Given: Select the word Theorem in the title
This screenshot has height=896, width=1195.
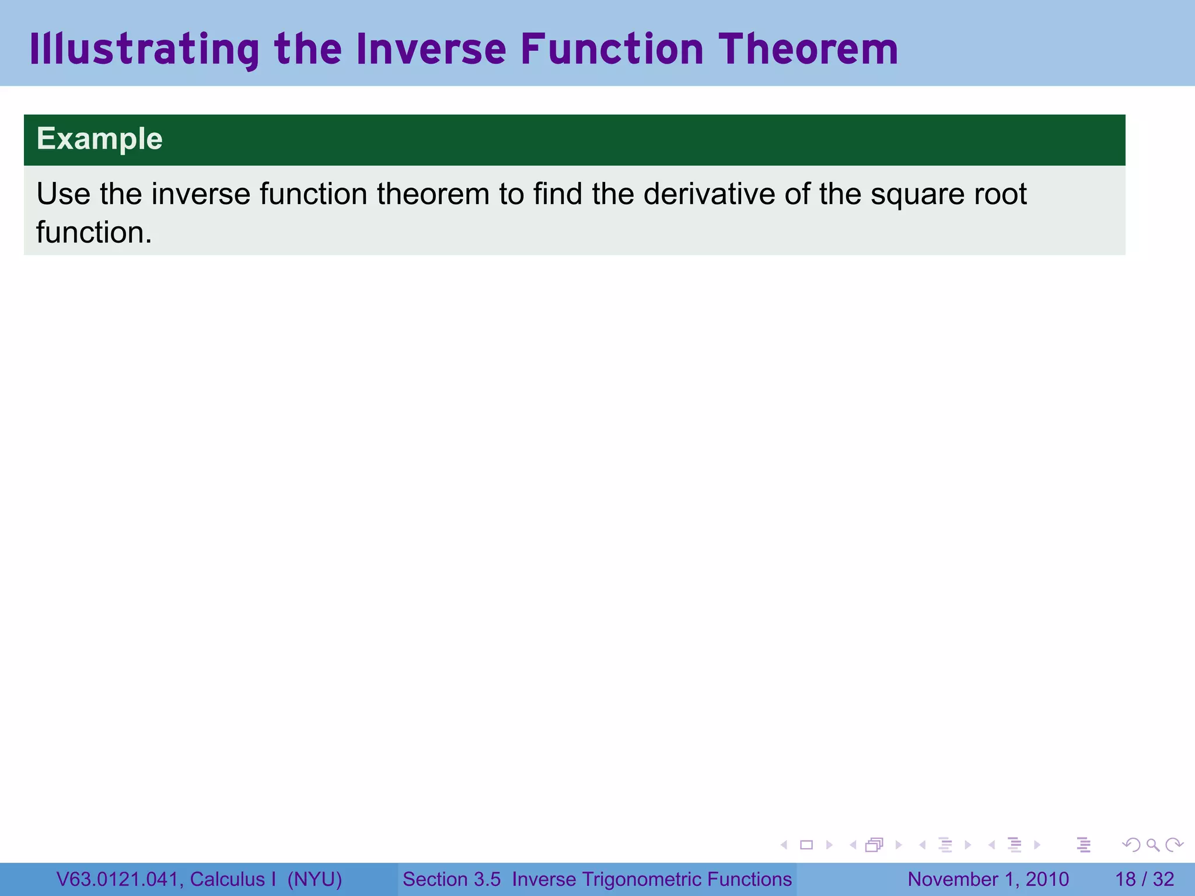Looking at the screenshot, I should coord(808,50).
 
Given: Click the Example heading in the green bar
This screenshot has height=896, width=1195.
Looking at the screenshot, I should coord(99,139).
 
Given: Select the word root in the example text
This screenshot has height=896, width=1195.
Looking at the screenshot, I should coord(1000,194).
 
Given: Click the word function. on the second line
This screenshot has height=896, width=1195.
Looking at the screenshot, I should coord(94,233).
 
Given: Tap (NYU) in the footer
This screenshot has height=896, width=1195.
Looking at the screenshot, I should coord(315,880).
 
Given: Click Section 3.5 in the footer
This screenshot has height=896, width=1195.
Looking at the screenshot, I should coord(452,880).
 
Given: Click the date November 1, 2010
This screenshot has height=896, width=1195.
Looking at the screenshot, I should coord(988,880).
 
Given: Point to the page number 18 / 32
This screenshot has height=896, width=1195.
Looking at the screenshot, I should coord(1144,880).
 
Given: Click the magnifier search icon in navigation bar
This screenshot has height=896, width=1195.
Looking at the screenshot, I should coord(1152,845).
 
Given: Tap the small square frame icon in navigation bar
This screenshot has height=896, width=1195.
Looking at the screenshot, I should coord(806,845).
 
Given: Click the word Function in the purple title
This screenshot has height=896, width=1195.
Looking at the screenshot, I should coord(612,50).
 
